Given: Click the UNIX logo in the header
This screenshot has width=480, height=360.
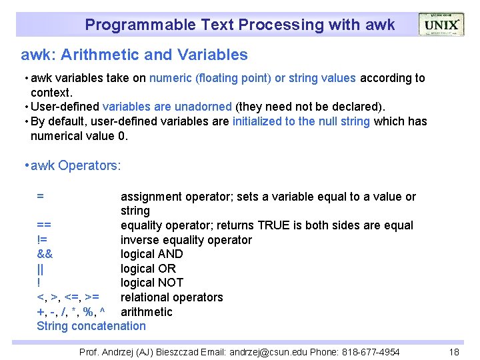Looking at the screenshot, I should [x=441, y=25].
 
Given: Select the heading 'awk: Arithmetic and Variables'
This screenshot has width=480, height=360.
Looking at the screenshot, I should [x=134, y=55].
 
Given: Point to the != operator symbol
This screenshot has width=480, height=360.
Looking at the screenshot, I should [x=41, y=240].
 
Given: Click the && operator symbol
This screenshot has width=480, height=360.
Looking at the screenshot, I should [x=45, y=254].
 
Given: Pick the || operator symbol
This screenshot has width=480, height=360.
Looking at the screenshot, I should [x=41, y=269].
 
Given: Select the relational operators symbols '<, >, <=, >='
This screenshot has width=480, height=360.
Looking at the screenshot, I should [x=68, y=297].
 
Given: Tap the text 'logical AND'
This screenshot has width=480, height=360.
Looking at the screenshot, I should [x=151, y=254].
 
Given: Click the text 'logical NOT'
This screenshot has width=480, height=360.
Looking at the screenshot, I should [x=151, y=283].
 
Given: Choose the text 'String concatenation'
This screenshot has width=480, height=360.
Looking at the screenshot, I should [x=91, y=326].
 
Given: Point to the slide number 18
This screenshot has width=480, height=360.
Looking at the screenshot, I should [x=454, y=352].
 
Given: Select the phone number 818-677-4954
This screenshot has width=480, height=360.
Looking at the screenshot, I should [x=376, y=352].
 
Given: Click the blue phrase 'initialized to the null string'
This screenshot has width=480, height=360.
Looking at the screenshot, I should [x=302, y=121].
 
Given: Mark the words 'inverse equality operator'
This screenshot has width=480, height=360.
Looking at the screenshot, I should [x=186, y=240].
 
